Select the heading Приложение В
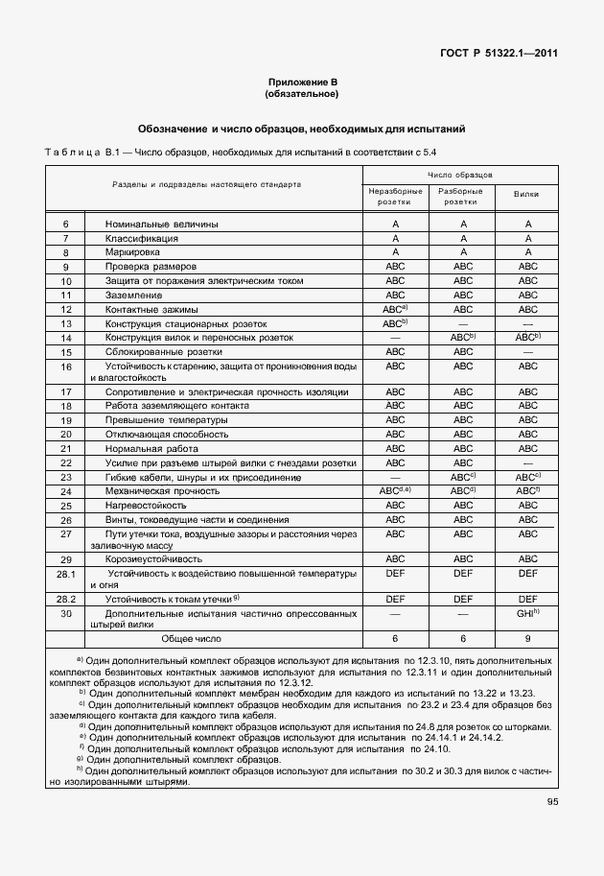[x=301, y=83]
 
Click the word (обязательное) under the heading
[x=301, y=95]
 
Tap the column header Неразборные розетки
[x=395, y=196]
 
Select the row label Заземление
[x=135, y=295]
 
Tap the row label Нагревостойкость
[x=146, y=505]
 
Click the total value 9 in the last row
[x=527, y=638]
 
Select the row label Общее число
[x=191, y=638]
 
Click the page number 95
[x=551, y=802]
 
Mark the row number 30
[x=66, y=613]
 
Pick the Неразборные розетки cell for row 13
[x=395, y=323]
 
